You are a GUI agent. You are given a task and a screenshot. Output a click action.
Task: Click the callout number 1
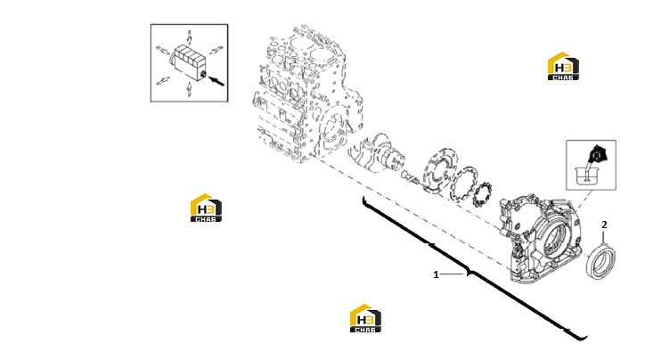(x=436, y=274)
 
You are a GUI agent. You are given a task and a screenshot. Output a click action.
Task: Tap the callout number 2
(x=604, y=225)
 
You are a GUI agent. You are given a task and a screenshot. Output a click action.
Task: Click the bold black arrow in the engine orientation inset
(x=216, y=80)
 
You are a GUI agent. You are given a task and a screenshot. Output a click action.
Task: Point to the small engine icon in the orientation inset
(x=188, y=61)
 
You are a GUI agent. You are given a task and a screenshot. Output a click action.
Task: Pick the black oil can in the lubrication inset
(x=597, y=155)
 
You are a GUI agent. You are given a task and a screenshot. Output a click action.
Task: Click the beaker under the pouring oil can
(x=586, y=174)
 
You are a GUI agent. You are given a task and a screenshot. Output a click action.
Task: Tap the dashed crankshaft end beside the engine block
(x=373, y=152)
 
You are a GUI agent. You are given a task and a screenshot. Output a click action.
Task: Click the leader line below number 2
(x=604, y=238)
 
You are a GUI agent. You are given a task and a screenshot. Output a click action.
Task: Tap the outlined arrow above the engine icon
(x=189, y=37)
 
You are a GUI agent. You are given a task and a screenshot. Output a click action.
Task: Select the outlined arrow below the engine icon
(x=189, y=89)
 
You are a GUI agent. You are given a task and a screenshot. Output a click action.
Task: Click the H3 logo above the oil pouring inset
(x=563, y=66)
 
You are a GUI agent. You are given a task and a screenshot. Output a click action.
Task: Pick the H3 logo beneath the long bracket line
(x=365, y=318)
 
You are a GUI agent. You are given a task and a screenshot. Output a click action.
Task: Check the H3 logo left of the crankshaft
(x=206, y=208)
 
